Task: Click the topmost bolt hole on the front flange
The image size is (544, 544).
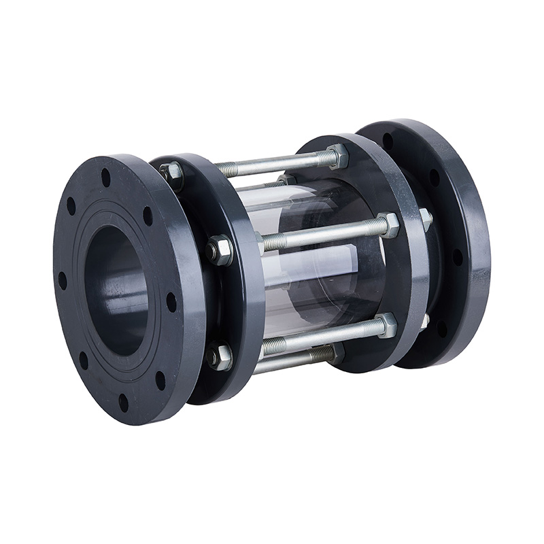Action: coord(105,178)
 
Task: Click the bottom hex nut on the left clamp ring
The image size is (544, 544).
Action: coord(219,356)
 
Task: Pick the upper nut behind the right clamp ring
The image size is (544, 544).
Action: coord(425,219)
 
